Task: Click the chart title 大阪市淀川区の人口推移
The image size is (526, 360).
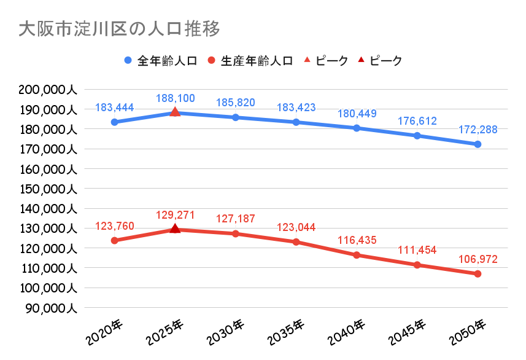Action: pos(119,29)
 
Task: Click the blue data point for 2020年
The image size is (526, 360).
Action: pos(114,122)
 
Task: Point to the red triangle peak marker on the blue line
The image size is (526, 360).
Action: pos(175,112)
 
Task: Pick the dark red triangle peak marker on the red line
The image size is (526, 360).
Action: pos(175,229)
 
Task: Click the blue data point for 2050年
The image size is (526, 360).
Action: pos(478,144)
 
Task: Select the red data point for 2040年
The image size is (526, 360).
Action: pos(357,254)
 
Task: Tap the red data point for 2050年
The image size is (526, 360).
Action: pos(478,273)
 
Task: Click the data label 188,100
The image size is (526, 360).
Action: pos(175,98)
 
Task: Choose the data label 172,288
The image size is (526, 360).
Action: pos(478,130)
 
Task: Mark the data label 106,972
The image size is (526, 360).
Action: pos(478,259)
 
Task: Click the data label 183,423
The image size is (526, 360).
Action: pos(296,108)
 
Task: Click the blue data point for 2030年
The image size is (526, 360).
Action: pos(236,117)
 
